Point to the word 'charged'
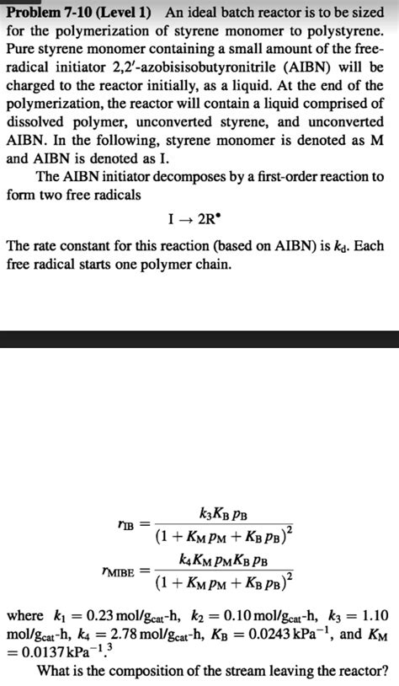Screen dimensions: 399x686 30,85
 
